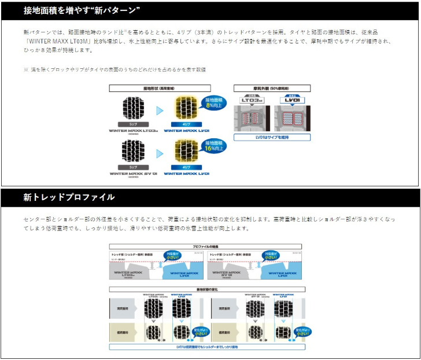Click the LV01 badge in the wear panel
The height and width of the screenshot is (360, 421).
tap(291, 100)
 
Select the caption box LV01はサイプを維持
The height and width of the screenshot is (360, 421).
tap(272, 138)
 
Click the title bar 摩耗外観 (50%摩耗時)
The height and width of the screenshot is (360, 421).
tap(272, 88)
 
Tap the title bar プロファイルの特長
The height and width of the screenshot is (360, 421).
tap(206, 246)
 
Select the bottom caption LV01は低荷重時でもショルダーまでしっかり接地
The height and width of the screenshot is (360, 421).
tap(206, 347)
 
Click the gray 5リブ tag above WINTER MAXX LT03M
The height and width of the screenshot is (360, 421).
tap(133, 124)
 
